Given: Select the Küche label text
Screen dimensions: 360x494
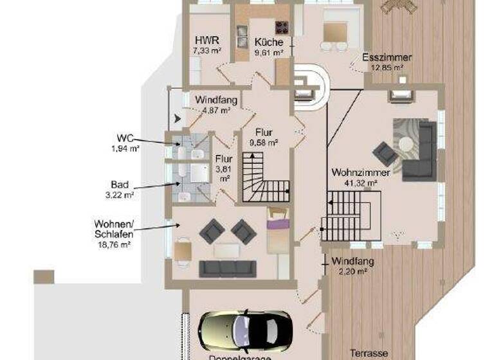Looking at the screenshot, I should (268, 43).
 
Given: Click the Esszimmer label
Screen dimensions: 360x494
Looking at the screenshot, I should (382, 57).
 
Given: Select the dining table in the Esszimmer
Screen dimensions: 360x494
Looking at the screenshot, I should (334, 32).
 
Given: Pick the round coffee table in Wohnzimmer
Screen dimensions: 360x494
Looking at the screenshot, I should (405, 145).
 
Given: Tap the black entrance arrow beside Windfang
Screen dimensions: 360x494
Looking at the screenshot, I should (178, 118).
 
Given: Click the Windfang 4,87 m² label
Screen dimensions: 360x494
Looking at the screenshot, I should (216, 105).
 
